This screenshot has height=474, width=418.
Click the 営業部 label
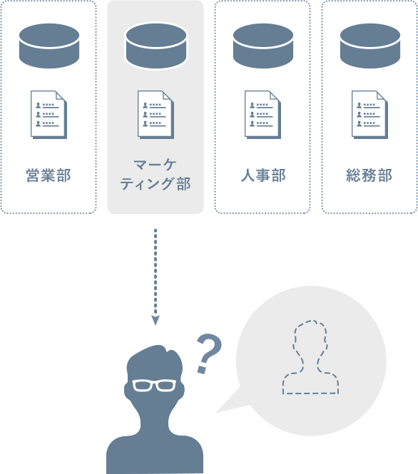49,175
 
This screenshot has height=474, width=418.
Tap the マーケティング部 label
156,175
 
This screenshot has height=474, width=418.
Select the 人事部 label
262,175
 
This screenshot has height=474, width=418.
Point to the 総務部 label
369,175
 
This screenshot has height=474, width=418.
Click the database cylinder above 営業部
49,46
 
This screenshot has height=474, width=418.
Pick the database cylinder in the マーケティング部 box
156,46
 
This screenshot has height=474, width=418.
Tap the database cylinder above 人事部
263,46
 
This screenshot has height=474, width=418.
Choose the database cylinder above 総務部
370,46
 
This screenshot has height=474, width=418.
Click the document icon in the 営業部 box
49,115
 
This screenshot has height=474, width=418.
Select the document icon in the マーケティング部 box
156,115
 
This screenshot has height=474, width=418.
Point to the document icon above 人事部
262,115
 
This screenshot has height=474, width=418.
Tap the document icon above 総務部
369,115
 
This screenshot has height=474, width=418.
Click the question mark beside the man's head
209,353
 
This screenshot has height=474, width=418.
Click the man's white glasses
154,386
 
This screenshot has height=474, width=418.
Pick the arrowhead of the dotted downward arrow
156,321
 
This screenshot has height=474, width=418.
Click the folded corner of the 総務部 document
382,96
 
